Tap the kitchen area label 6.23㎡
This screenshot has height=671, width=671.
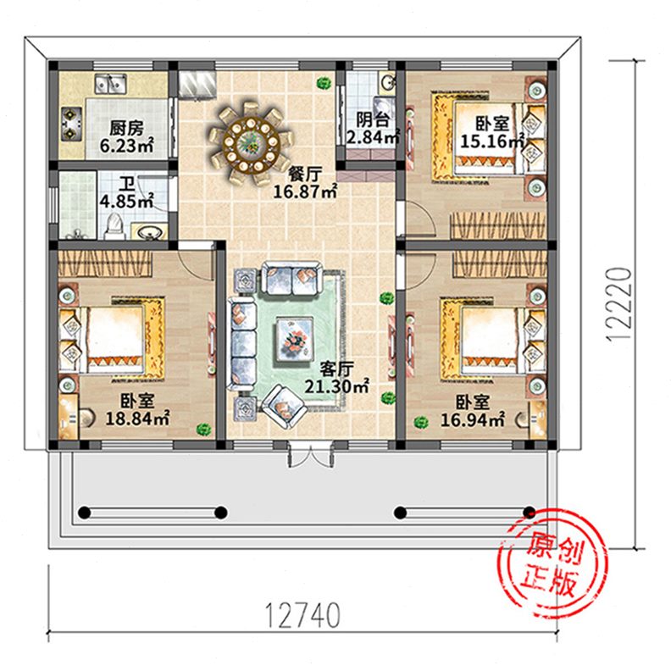coord(127,146)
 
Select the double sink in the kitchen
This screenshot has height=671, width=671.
coord(111,83)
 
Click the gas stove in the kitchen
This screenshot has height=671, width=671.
coord(69,123)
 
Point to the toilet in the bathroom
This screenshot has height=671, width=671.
coord(114,227)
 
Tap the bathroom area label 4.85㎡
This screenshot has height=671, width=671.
coord(127,201)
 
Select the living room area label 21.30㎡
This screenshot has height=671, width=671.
coord(337,386)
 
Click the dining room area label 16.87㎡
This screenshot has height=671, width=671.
coord(305,191)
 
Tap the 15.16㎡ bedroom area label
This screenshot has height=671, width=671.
coord(492,141)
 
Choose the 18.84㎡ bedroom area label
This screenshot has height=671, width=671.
coord(137,418)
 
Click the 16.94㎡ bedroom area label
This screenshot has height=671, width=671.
coord(473,420)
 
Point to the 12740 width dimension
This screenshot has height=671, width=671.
coord(302,615)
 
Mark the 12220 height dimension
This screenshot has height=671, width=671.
coord(619,304)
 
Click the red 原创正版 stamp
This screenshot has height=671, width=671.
coord(553,564)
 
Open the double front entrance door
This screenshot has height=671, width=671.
coord(311,455)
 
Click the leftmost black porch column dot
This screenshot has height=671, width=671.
coord(85,513)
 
